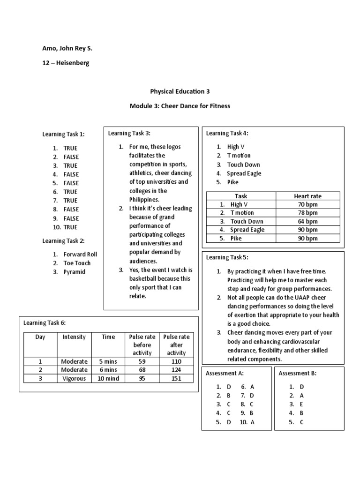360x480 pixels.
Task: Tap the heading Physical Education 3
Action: pyautogui.click(x=180, y=91)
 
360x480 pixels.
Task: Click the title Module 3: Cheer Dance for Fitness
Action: pyautogui.click(x=180, y=106)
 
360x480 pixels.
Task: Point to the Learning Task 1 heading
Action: pyautogui.click(x=64, y=135)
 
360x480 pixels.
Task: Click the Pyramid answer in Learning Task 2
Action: pyautogui.click(x=75, y=272)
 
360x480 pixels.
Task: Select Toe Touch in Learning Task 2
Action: pyautogui.click(x=77, y=263)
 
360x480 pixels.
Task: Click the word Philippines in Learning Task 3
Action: pyautogui.click(x=144, y=200)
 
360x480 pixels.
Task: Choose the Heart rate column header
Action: pyautogui.click(x=307, y=196)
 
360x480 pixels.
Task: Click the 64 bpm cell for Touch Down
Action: pyautogui.click(x=307, y=221)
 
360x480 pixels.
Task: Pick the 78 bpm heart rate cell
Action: pyautogui.click(x=307, y=213)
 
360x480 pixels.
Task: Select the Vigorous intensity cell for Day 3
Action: pyautogui.click(x=74, y=378)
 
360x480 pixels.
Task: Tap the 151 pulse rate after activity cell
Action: pyautogui.click(x=176, y=378)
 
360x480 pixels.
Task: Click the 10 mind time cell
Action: pyautogui.click(x=108, y=378)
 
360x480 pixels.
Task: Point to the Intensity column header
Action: pyautogui.click(x=74, y=337)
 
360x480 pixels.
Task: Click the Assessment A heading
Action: pyautogui.click(x=225, y=374)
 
